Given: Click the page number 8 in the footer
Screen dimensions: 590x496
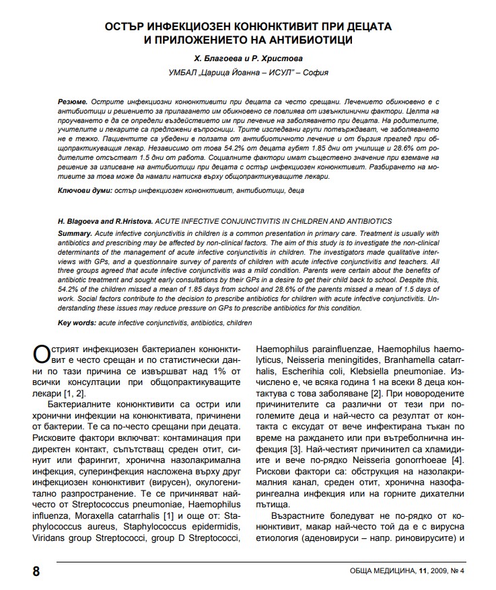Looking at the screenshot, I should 36,571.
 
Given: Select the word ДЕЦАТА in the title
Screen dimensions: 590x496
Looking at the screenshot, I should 364,26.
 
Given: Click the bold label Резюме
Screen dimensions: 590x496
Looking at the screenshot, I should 72,99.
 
